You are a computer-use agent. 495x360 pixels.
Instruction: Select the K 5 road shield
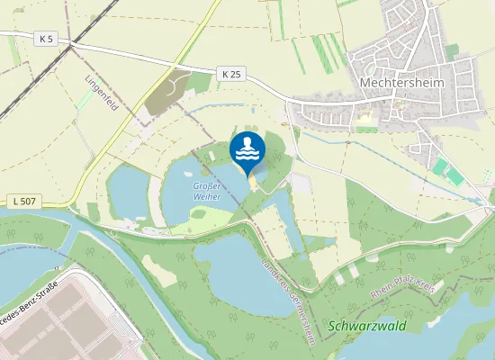48,38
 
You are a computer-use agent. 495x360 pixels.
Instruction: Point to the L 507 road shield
28,199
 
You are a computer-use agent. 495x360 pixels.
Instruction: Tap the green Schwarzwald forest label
368,325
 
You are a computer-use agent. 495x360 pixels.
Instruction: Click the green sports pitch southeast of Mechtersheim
443,168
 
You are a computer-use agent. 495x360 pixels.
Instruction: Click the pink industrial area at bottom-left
72,324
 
